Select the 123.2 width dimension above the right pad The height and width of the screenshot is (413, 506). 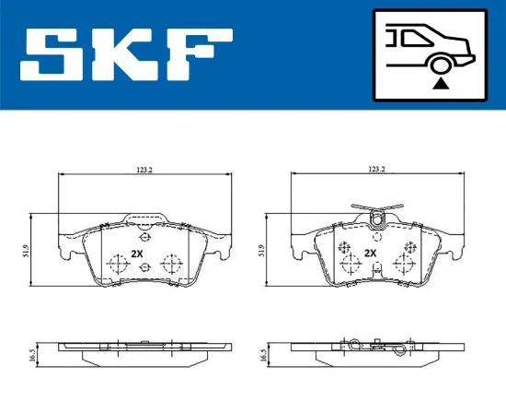pos(375,170)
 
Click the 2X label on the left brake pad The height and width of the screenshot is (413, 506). pos(138,253)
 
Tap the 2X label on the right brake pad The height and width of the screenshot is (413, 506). pos(371,253)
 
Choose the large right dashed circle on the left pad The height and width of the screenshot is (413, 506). pos(168,264)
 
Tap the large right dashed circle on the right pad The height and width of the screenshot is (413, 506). pos(401,264)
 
